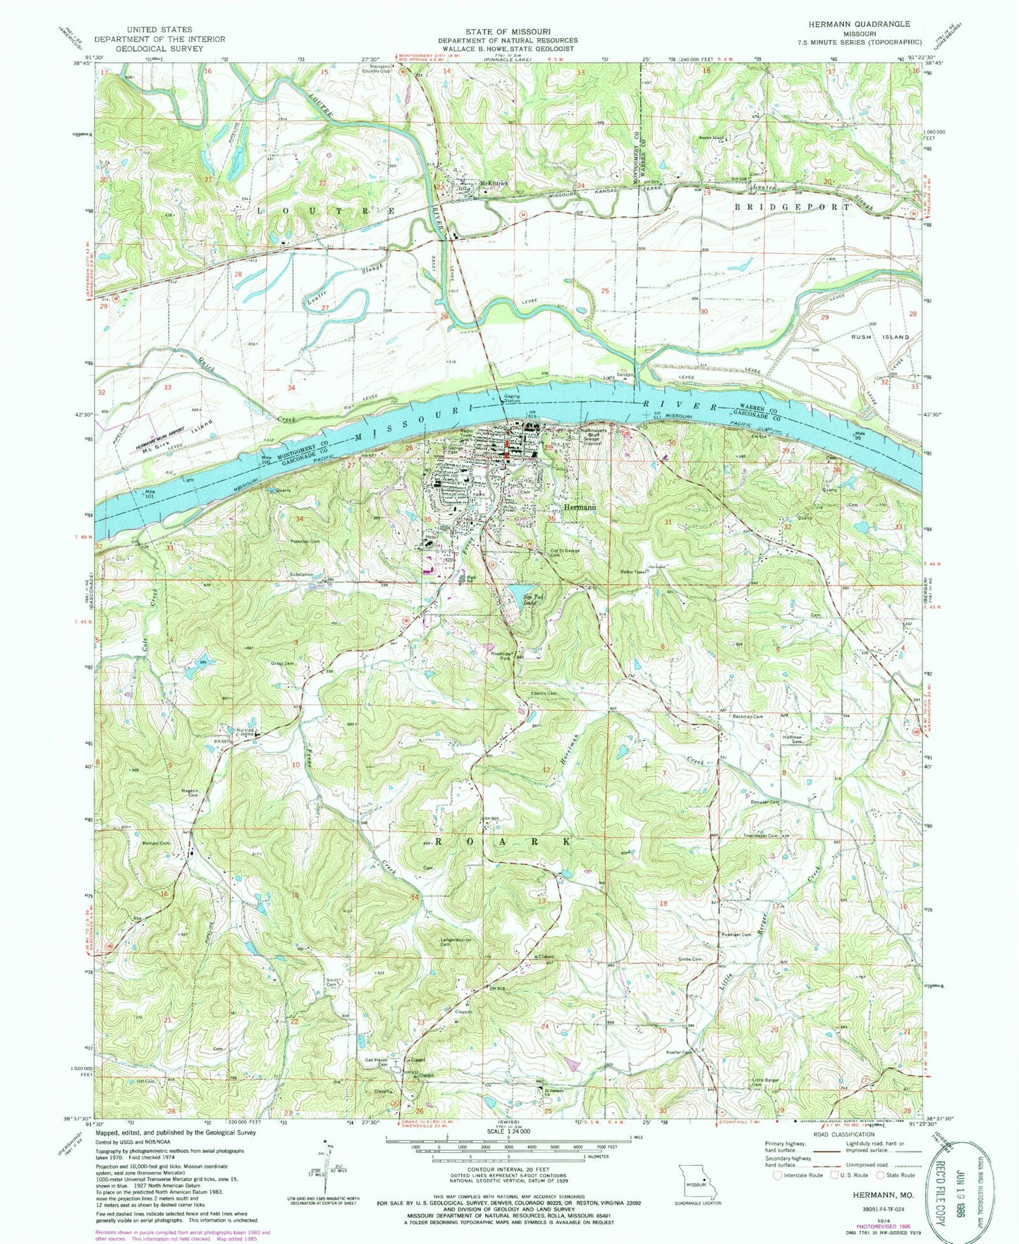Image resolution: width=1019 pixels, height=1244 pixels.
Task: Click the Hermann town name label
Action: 580,507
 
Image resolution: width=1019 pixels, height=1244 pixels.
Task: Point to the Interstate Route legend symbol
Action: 778,1175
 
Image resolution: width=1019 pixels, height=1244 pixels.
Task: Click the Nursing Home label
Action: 244,733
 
